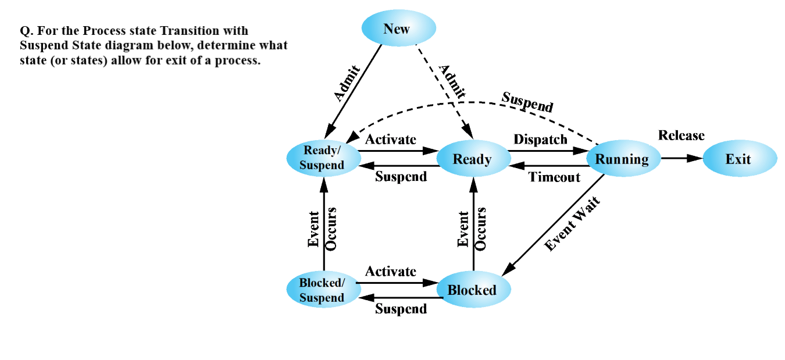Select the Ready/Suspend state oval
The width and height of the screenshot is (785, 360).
[323, 158]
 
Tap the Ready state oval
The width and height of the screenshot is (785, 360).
[473, 159]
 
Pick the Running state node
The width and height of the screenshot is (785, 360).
[623, 159]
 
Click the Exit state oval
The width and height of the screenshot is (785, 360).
[739, 159]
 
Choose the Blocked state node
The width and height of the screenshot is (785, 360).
[473, 290]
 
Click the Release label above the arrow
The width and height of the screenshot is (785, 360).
[681, 136]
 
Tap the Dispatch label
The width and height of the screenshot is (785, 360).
[540, 140]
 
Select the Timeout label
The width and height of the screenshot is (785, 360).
[554, 177]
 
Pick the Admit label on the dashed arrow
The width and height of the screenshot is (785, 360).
[452, 80]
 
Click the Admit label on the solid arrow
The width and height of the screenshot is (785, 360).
[348, 84]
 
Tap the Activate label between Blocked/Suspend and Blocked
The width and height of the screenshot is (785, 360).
[390, 272]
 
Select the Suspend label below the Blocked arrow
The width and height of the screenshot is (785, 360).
[401, 309]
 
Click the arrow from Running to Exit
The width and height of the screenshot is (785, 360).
[681, 158]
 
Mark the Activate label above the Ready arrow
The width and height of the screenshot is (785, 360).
[390, 140]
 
